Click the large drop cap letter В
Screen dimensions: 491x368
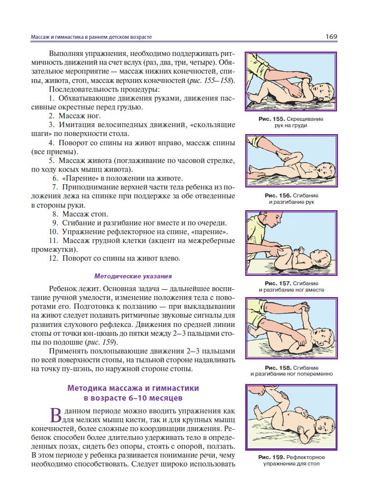point(57,415)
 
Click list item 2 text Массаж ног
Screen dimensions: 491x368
point(82,116)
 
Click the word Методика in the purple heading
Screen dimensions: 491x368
point(90,388)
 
